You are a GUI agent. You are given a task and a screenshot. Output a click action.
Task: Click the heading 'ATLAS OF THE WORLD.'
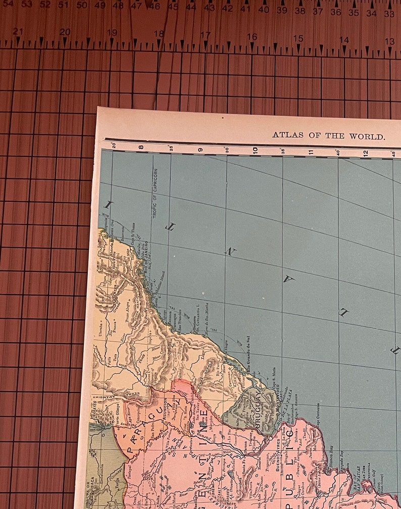click(x=329, y=136)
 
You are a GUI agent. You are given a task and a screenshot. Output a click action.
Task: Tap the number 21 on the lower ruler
click(x=18, y=32)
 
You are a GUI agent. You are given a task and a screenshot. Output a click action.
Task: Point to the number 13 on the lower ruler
click(x=389, y=40)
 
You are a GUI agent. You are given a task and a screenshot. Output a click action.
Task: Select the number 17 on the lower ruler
click(x=205, y=35)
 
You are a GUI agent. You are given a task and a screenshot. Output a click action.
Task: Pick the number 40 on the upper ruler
click(x=263, y=10)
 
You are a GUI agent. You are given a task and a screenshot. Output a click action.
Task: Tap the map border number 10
click(x=255, y=149)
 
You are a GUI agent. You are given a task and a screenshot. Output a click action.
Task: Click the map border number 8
click(x=141, y=148)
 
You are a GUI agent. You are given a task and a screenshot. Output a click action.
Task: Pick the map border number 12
click(x=366, y=153)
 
